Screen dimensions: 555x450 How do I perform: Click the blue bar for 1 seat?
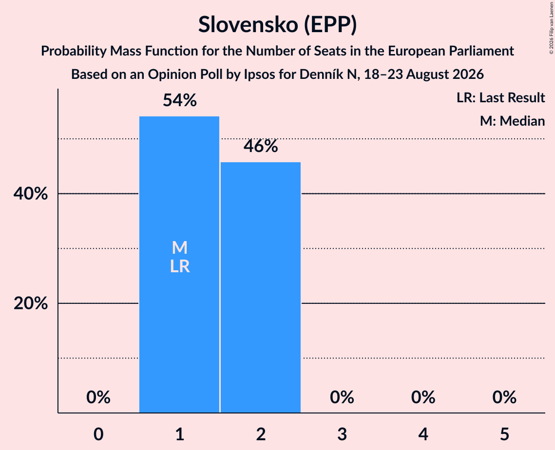tap(179, 264)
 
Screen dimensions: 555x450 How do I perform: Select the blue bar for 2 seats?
tap(261, 287)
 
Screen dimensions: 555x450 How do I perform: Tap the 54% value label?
tap(180, 100)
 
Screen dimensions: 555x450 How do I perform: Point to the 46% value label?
tap(261, 146)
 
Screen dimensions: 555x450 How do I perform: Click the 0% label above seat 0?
tap(98, 397)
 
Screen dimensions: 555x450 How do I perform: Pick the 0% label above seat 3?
tap(342, 397)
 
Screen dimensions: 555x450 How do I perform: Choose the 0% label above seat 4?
tap(423, 397)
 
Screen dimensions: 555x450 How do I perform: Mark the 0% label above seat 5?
tap(504, 397)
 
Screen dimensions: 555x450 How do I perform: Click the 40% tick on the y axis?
tap(31, 194)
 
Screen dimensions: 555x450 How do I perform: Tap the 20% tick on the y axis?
tap(31, 303)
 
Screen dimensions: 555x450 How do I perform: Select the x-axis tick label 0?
tap(98, 434)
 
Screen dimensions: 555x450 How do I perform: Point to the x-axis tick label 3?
tap(342, 434)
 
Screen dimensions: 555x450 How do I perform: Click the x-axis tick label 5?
tap(504, 434)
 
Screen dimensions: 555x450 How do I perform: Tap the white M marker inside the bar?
tap(180, 247)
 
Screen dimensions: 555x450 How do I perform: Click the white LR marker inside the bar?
tap(180, 266)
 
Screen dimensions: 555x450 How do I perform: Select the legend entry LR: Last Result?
tap(501, 97)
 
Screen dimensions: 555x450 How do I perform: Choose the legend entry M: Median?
tap(513, 121)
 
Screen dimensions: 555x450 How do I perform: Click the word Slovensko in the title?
tap(248, 24)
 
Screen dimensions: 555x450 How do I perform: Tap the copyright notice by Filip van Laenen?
tap(551, 28)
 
